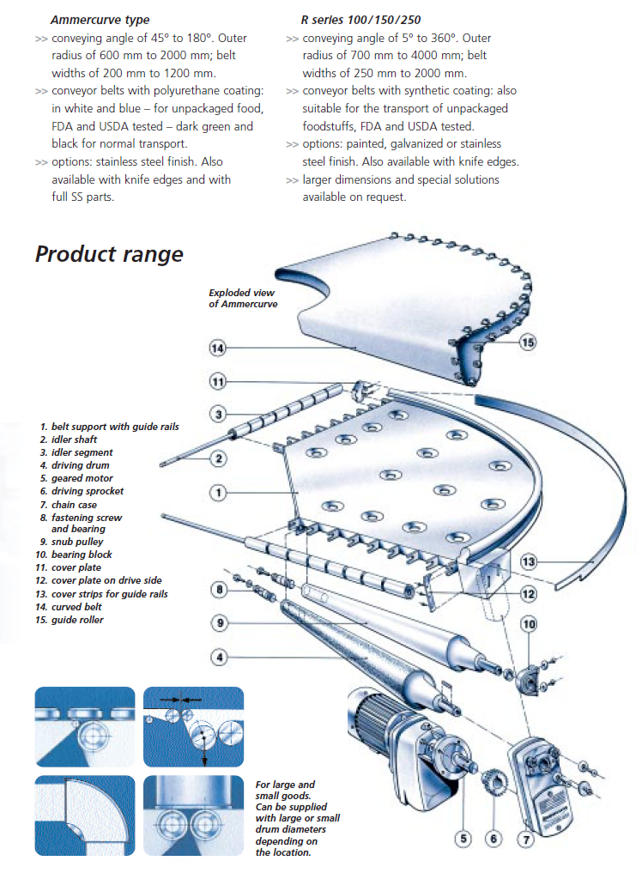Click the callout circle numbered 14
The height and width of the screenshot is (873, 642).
217,348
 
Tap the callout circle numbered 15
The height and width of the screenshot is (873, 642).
527,342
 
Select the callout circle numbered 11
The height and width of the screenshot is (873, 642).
217,381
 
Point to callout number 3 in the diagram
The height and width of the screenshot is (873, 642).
218,415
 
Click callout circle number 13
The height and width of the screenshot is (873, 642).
529,563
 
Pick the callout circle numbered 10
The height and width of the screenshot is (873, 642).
529,624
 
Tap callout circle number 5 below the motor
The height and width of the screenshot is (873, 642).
463,839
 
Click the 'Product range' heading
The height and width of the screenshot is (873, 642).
109,254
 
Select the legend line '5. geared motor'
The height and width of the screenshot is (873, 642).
76,478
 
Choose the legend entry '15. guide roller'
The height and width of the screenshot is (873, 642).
71,620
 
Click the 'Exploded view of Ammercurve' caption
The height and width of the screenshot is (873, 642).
243,299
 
